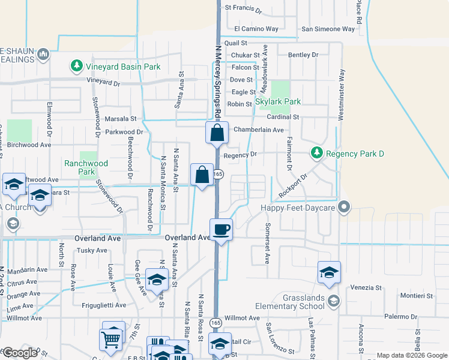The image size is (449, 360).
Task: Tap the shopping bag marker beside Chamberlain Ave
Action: coord(217,133)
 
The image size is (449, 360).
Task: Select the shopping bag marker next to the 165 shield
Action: coord(202,175)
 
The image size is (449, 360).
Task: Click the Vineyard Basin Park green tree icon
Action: coord(76,67)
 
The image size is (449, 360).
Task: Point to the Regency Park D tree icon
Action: coord(316,154)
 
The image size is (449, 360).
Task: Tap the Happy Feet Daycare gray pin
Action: coord(344,208)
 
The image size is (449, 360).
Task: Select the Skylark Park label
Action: coord(278,102)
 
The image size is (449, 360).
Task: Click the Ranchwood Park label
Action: coord(86,167)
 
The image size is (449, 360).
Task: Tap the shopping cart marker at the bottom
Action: coord(110,340)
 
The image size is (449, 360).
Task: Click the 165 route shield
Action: coord(218,174)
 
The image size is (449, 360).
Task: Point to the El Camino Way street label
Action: coord(256,29)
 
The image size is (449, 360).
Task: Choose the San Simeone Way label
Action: coord(328,29)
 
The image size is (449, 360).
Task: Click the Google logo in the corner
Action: coord(20,353)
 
